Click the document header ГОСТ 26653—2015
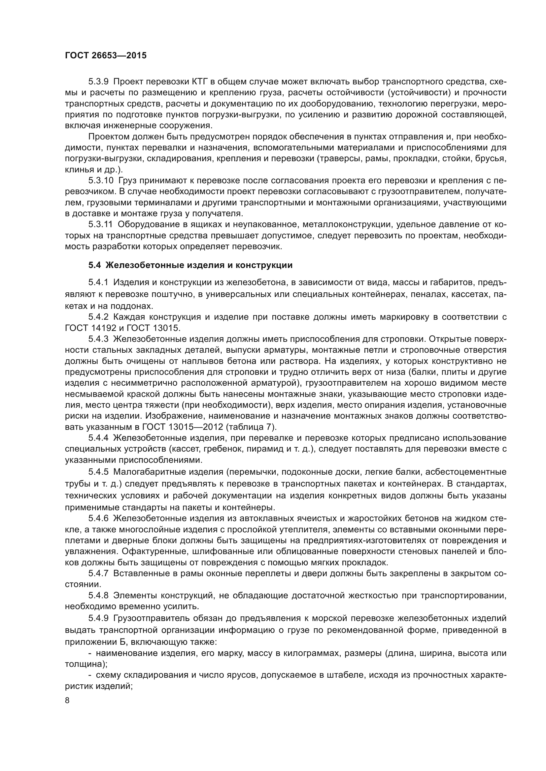[x=106, y=55]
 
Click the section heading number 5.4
[x=94, y=265]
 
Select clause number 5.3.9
[x=98, y=82]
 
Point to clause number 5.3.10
[x=101, y=180]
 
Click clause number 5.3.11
[x=101, y=224]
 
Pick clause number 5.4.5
[x=98, y=472]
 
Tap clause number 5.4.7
[x=98, y=574]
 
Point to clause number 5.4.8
[x=98, y=596]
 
